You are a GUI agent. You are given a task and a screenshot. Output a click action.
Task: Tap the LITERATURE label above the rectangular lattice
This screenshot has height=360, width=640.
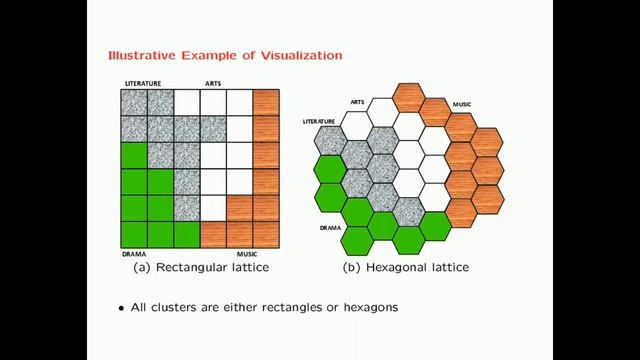pos(143,83)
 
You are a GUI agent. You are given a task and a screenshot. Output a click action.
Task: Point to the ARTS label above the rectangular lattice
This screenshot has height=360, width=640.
pos(214,83)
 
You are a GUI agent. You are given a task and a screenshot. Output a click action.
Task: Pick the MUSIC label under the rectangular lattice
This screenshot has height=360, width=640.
pos(247,254)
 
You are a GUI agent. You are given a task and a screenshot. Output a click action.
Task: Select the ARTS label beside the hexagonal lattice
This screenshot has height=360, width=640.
pos(358,102)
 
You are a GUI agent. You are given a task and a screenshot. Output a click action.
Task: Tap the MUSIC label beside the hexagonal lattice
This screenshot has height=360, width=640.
pos(462,103)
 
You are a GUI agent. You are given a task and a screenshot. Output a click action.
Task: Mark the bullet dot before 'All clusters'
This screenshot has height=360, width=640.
pos(121,308)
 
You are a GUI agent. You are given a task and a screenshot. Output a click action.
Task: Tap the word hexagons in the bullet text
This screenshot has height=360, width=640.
pos(366,308)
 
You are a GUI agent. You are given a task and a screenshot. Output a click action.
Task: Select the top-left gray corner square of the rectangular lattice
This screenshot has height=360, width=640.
pos(133,102)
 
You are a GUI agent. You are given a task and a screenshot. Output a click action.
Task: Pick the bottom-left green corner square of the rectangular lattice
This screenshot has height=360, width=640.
pos(133,235)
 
